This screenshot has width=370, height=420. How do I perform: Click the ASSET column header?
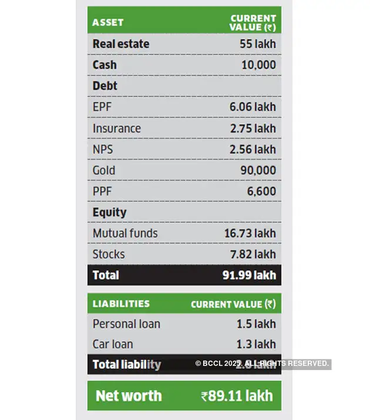coord(108,22)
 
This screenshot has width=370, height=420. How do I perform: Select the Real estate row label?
coord(121,44)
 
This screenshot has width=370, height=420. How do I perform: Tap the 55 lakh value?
coord(257,44)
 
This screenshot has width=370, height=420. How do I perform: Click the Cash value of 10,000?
coord(258,65)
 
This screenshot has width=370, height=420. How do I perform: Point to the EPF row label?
coord(102,107)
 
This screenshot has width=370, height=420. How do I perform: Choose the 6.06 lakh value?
coord(253,107)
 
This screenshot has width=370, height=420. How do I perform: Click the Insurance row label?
coord(117,128)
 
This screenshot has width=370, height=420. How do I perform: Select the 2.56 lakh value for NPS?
coord(253,149)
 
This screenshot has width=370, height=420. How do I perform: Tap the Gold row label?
coord(104,171)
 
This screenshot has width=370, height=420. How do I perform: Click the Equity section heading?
coord(109,212)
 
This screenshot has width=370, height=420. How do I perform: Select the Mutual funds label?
coord(125,234)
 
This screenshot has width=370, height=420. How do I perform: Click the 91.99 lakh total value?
coord(250,275)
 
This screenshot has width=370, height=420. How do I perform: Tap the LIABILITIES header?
coord(121,304)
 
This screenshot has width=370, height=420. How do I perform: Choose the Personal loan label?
coord(126,324)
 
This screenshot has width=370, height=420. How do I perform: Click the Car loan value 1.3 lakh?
coord(256,345)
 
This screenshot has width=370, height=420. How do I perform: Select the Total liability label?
coord(127,365)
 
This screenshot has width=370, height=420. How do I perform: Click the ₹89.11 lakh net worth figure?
coord(237,396)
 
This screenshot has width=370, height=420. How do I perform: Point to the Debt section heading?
coord(105,86)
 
